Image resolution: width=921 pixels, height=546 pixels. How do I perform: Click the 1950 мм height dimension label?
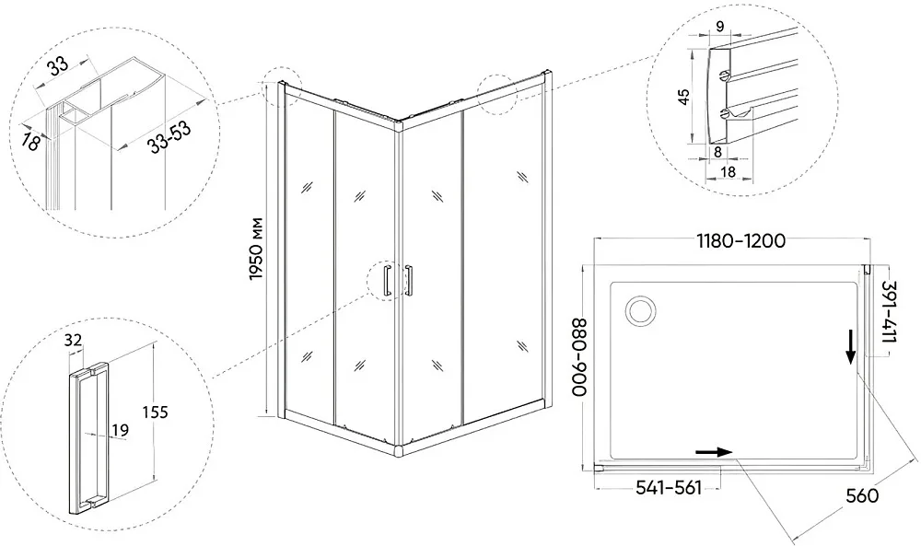255,249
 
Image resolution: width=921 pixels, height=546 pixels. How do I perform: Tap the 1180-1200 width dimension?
740,240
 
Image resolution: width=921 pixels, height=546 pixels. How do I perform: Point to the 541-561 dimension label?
669,488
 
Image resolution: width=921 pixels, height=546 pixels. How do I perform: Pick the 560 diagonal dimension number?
862,496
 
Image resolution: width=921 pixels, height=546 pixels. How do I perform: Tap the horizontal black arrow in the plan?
714,452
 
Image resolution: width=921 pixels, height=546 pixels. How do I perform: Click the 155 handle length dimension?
156,412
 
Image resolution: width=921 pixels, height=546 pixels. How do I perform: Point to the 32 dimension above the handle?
74,340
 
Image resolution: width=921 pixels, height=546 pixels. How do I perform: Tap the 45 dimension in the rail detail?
683,97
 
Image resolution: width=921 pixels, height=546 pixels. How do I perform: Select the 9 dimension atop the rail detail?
720,26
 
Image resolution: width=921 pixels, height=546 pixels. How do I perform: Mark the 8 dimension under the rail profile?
717,152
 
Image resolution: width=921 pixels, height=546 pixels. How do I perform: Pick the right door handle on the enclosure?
408,280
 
